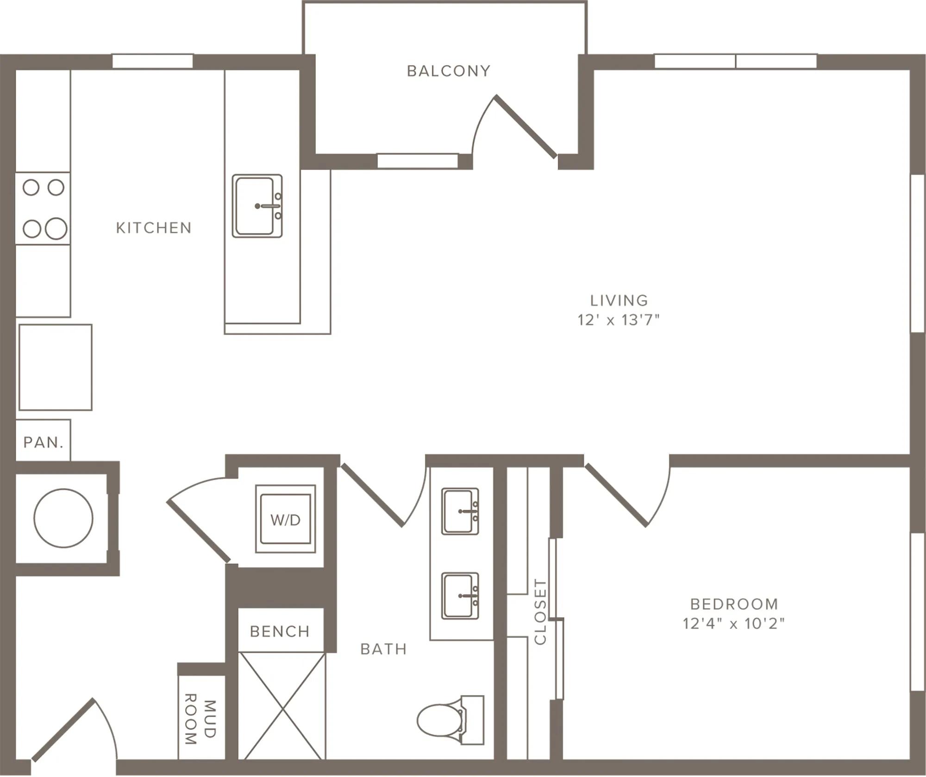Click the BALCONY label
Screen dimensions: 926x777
[x=448, y=71]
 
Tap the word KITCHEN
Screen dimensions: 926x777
[x=154, y=228]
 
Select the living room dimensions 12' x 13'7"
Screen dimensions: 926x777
[x=619, y=320]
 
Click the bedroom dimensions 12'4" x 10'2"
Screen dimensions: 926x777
[x=734, y=624]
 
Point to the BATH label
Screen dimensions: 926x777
[x=384, y=649]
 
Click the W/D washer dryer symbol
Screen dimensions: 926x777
[x=285, y=519]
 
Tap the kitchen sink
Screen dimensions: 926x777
[x=257, y=206]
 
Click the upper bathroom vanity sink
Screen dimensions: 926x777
[x=460, y=511]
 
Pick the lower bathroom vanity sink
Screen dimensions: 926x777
[x=460, y=596]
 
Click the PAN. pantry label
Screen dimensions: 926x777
[x=44, y=443]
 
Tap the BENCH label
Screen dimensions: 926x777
[x=280, y=632]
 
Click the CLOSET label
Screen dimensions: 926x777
[x=540, y=612]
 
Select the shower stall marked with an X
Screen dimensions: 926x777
[x=282, y=706]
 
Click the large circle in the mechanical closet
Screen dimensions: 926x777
[x=63, y=518]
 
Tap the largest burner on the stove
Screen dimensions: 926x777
[x=56, y=228]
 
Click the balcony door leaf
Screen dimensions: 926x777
[x=526, y=126]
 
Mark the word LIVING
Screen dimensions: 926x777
[x=619, y=301]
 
